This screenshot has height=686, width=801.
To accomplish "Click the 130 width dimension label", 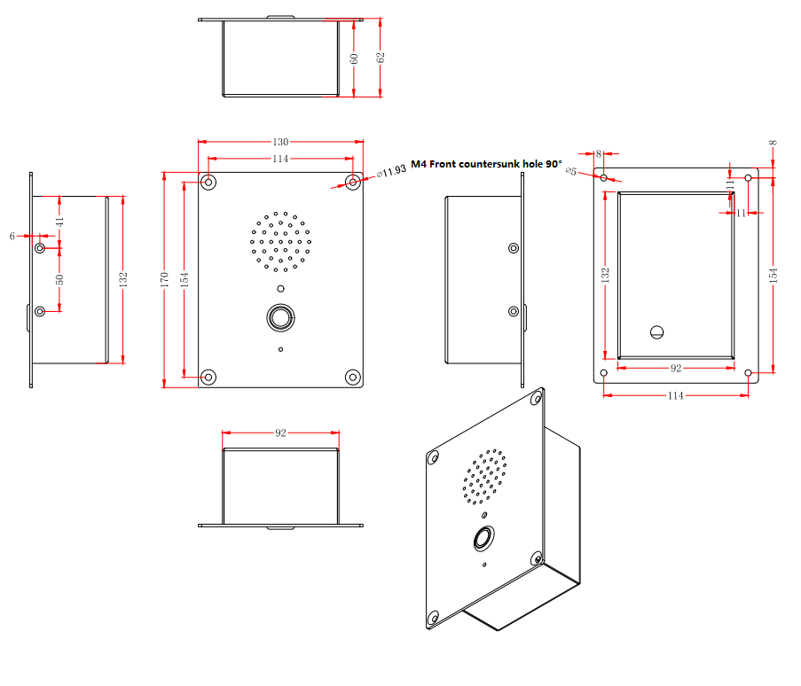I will [280, 142].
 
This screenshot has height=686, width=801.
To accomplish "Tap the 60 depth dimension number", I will [354, 58].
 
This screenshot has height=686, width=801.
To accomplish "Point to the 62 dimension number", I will [381, 58].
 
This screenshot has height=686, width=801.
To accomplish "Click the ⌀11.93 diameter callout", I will [391, 170].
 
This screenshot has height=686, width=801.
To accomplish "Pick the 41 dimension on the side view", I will [60, 222].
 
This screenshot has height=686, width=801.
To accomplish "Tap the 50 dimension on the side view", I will [60, 279].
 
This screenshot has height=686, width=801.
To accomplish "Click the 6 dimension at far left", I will [12, 236].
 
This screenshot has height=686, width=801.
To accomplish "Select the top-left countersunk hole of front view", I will [208, 183].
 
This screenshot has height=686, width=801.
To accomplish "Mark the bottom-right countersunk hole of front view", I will [353, 378].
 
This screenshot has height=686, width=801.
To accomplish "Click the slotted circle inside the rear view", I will [657, 332].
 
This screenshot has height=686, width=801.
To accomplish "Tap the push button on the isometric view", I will [484, 538].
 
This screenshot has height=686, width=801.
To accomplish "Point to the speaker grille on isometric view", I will [485, 475].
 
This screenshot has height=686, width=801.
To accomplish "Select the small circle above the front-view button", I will [280, 289].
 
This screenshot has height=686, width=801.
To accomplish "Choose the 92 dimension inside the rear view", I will [675, 367].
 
